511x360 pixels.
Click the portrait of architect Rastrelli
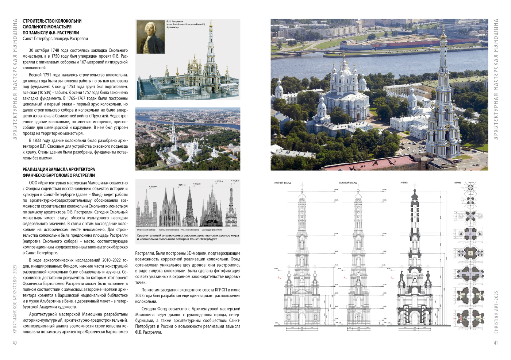[150, 36]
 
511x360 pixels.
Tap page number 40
[15, 342]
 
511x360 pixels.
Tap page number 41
[496, 342]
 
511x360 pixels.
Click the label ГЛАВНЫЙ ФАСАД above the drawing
[282, 183]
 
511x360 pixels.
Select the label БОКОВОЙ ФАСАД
[347, 183]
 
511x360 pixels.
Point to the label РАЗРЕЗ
[404, 183]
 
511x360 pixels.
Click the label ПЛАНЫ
[457, 183]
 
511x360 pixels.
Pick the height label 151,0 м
[153, 187]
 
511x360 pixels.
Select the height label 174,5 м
[235, 181]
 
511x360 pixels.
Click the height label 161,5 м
[197, 184]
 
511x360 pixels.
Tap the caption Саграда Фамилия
[212, 230]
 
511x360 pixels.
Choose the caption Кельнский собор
[169, 230]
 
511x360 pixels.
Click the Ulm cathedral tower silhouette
[189, 208]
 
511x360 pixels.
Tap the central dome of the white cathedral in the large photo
[344, 71]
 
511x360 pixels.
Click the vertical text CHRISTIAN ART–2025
[496, 312]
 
